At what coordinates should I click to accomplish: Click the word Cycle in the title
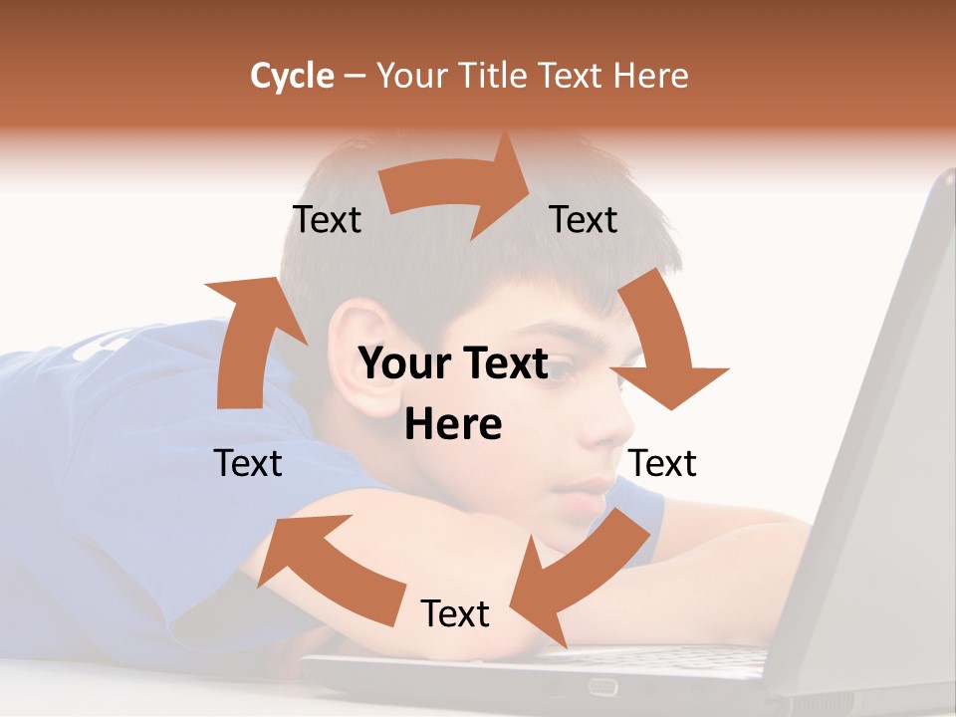coord(292,76)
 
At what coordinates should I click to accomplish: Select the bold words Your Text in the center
coord(453,364)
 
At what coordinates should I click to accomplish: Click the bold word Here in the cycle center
coord(453,425)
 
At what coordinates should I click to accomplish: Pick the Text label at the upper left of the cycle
coord(327,219)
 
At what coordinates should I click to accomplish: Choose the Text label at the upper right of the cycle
coord(584,219)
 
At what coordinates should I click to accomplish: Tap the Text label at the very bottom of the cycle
coord(455,613)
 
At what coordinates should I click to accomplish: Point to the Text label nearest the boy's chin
coord(662,463)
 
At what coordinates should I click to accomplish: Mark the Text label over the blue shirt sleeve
coord(248,463)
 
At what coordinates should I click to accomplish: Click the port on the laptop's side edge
coord(602,686)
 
